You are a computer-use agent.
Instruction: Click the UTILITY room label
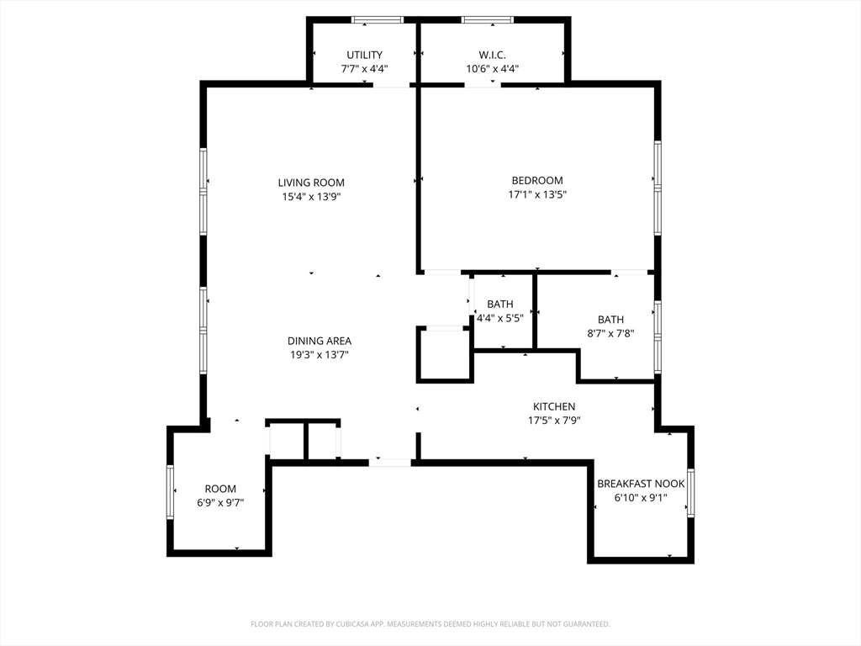tap(365, 55)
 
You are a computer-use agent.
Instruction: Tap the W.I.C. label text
tap(492, 55)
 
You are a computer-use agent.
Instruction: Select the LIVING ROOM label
tap(311, 183)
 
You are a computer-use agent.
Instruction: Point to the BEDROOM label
tap(537, 180)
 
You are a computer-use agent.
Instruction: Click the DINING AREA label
tap(320, 341)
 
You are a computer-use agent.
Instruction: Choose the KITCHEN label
tap(554, 406)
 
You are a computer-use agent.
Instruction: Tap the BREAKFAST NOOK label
tap(641, 484)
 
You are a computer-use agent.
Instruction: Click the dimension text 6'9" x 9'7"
tap(221, 503)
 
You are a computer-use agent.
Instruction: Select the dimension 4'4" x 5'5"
tap(499, 318)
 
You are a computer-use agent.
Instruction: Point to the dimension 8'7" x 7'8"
tap(610, 333)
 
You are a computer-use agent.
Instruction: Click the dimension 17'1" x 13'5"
tap(537, 194)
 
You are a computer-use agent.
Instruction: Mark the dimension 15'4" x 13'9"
tap(311, 197)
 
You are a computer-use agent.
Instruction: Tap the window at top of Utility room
tap(378, 20)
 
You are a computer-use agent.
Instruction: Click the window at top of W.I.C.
tap(488, 20)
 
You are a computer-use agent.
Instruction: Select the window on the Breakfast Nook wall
tap(691, 493)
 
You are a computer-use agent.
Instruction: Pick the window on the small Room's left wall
tap(170, 492)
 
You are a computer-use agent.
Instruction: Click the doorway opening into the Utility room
tap(392, 85)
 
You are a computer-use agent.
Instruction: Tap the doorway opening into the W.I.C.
tap(483, 85)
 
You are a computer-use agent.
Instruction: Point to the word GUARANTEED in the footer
tap(589, 624)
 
